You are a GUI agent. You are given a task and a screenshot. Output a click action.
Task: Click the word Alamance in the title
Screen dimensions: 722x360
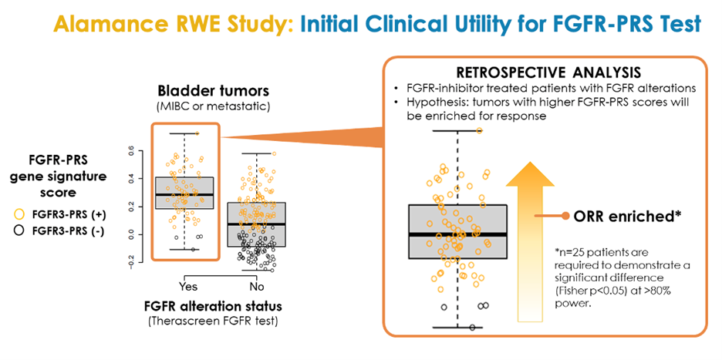103,22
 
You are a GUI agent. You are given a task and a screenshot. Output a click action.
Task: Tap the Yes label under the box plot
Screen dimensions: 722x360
188,287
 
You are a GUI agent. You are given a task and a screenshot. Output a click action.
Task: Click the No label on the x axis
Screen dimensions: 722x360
256,287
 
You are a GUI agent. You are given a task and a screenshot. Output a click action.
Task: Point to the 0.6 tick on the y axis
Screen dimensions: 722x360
132,150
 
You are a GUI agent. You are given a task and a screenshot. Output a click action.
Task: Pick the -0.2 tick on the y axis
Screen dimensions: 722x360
132,262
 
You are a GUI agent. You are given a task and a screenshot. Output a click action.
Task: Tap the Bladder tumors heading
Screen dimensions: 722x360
212,91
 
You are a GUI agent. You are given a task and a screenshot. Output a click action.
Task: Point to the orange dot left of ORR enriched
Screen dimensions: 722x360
565,216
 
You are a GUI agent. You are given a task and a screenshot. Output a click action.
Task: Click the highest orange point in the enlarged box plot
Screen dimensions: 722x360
479,131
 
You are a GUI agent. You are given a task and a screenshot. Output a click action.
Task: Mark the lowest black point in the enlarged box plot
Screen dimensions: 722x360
472,328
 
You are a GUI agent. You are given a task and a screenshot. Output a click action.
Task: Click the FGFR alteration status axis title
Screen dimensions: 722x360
213,306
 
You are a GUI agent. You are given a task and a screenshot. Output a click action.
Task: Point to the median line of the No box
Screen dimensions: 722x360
256,224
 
